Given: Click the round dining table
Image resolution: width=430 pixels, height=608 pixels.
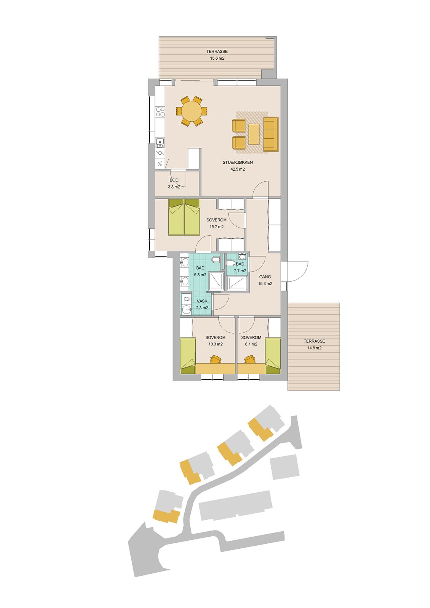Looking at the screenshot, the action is (191, 111).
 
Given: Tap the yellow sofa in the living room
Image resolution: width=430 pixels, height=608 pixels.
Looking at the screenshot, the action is (271, 134).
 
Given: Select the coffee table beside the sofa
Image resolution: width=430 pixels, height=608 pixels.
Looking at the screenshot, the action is (254, 134).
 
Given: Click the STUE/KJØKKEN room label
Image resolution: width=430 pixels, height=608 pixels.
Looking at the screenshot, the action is (238, 163).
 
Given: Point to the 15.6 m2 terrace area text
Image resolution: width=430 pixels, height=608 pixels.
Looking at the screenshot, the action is (217, 58).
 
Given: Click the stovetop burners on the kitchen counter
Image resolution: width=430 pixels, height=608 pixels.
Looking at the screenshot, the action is (160, 112).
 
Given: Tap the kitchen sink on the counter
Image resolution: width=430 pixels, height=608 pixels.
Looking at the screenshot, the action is (160, 143).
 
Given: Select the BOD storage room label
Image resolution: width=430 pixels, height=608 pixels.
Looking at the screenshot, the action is (174, 180).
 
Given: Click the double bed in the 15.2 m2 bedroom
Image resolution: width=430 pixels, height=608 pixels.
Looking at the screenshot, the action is (184, 217).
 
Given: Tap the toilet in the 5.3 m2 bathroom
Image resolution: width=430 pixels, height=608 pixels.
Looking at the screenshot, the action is (216, 260).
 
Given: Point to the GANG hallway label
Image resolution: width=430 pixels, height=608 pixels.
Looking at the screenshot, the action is (265, 277).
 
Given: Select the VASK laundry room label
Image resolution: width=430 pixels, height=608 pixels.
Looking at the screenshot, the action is (202, 301).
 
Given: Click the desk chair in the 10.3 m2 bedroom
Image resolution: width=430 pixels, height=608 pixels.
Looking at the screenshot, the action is (216, 359).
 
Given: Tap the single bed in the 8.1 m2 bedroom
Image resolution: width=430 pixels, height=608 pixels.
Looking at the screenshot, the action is (273, 356).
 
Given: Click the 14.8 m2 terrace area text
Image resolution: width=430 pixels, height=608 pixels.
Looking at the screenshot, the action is (315, 348).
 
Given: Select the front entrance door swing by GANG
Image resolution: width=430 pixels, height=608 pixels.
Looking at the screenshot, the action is (298, 271).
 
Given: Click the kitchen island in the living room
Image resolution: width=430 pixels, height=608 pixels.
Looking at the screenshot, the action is (194, 158).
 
